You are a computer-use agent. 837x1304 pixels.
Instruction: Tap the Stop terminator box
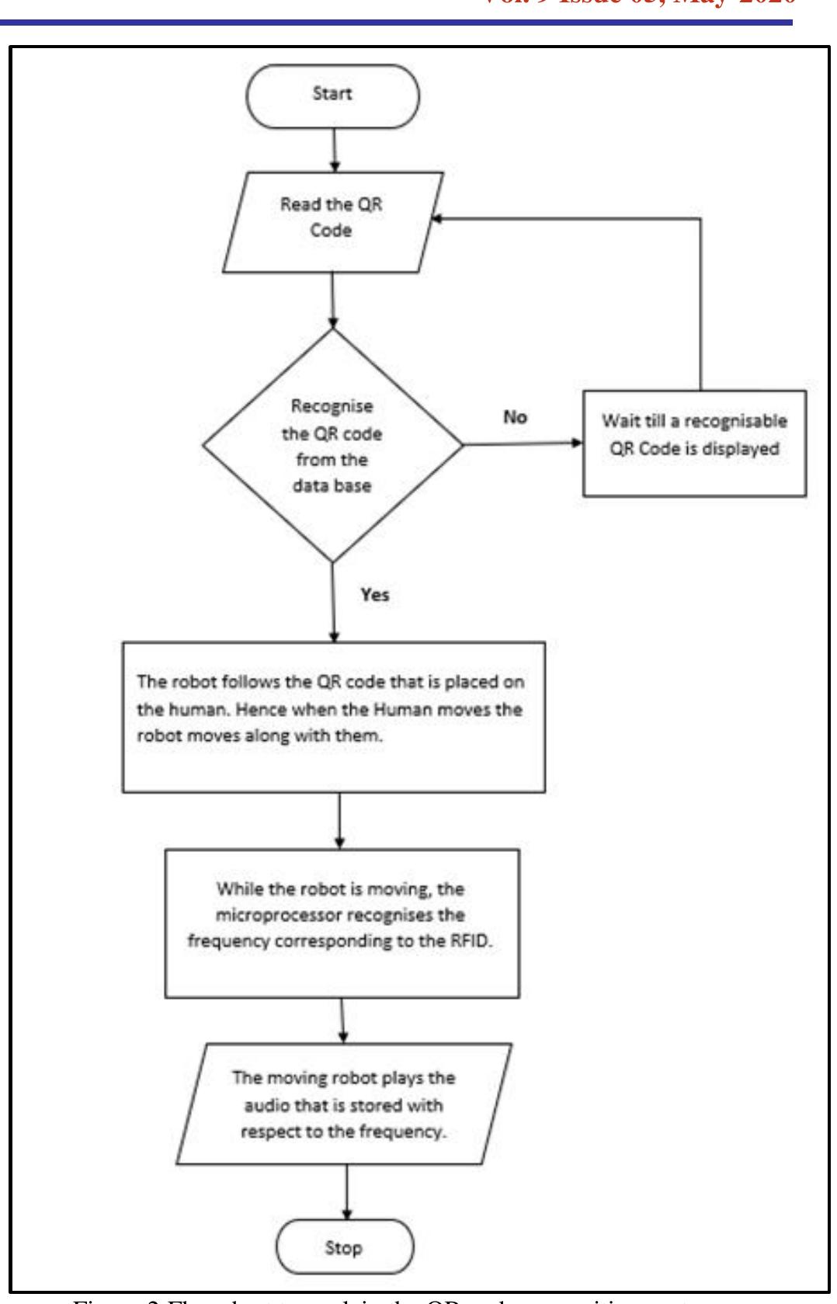[x=344, y=1247]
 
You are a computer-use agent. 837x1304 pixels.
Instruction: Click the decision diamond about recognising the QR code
[x=332, y=445]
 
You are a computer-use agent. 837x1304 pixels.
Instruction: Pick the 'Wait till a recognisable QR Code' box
[x=694, y=443]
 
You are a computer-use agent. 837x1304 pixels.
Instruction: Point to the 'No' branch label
[x=515, y=417]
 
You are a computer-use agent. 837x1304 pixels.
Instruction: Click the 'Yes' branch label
[x=374, y=595]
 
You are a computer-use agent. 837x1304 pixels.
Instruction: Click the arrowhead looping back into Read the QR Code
[x=436, y=220]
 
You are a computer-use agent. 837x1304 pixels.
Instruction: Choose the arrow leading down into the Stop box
[x=346, y=1191]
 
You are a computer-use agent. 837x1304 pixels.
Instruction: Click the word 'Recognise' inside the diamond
[x=332, y=405]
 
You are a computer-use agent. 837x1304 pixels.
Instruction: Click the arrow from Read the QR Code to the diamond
[x=332, y=300]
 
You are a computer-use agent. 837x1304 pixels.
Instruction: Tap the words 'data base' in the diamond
[x=332, y=485]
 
